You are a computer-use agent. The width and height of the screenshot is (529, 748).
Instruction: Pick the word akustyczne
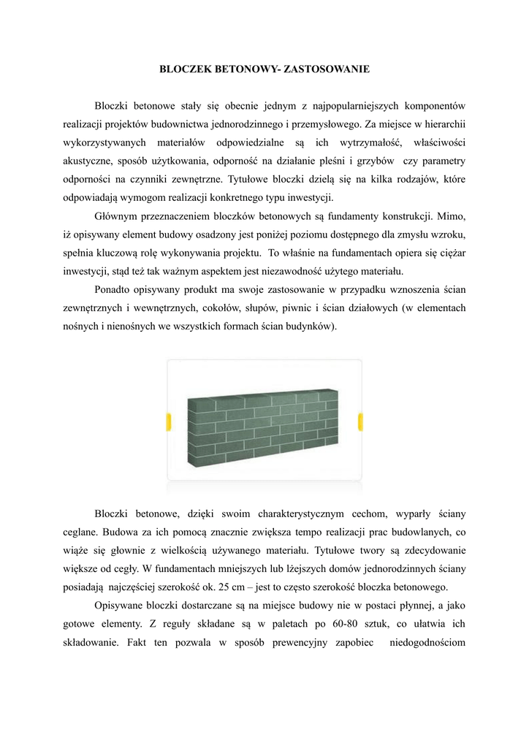point(88,160)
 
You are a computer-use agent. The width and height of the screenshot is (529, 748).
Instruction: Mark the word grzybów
point(374,160)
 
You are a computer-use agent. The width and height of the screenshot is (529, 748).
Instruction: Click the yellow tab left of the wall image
point(169,421)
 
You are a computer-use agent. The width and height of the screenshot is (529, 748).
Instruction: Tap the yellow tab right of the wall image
point(360,421)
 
